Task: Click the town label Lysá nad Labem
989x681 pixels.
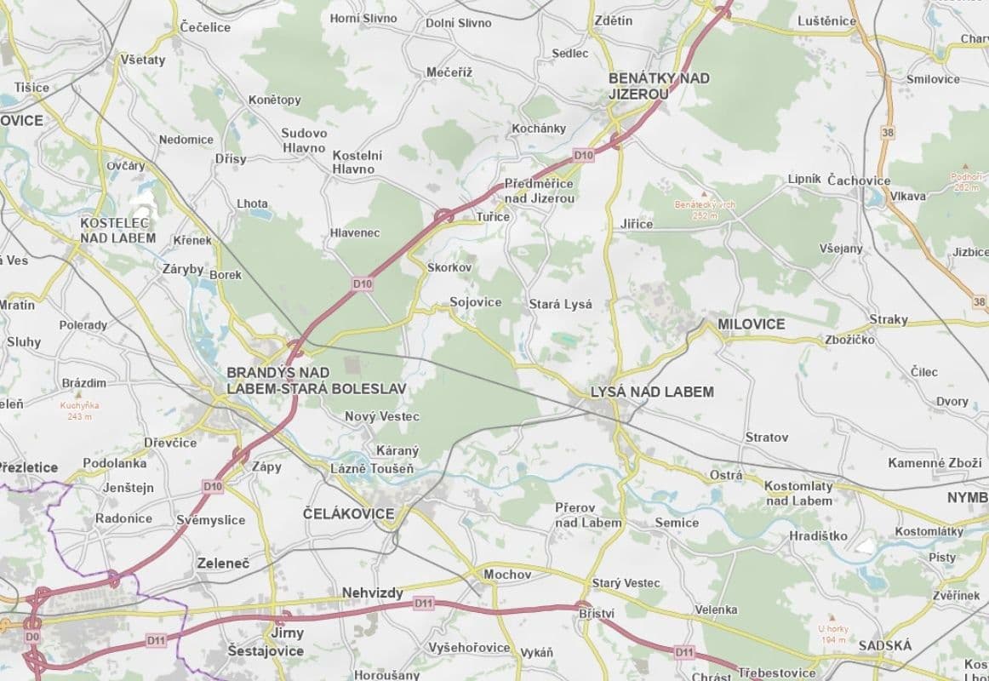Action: pyautogui.click(x=652, y=392)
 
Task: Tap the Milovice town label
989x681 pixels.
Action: pyautogui.click(x=751, y=324)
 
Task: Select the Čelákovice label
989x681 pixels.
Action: pyautogui.click(x=349, y=514)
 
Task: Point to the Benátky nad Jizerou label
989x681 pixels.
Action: pyautogui.click(x=658, y=86)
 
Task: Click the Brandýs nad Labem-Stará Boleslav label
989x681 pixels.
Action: pyautogui.click(x=316, y=381)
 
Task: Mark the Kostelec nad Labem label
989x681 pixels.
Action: pyautogui.click(x=117, y=230)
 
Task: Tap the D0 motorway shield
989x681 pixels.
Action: pyautogui.click(x=32, y=636)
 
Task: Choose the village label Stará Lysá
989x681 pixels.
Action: pyautogui.click(x=559, y=304)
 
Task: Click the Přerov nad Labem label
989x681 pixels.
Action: pyautogui.click(x=588, y=515)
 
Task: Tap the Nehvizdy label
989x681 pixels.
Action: pyautogui.click(x=372, y=592)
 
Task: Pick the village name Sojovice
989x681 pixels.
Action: pyautogui.click(x=475, y=302)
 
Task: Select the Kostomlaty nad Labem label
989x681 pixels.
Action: pyautogui.click(x=798, y=493)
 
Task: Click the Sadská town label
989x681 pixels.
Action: pyautogui.click(x=884, y=645)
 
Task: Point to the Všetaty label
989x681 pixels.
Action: pyautogui.click(x=143, y=60)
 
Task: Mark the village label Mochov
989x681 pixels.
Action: pyautogui.click(x=507, y=575)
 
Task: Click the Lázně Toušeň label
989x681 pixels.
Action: pyautogui.click(x=372, y=469)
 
